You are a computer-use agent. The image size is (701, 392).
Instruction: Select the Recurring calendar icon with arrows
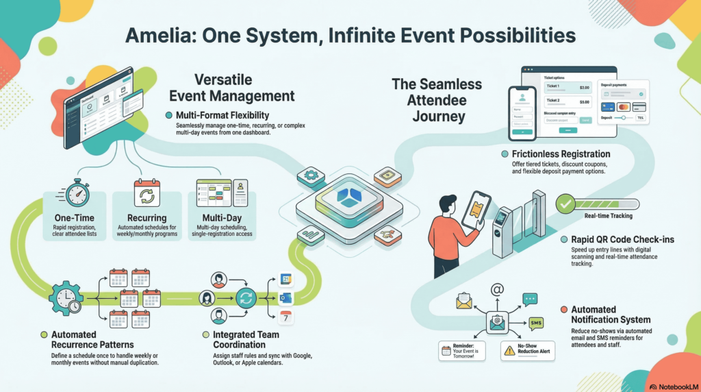(146, 193)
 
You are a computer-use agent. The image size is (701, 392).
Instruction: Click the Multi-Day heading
(220, 217)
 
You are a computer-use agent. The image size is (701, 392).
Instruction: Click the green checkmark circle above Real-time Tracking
(565, 204)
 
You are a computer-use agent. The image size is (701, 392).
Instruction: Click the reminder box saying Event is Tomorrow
(462, 351)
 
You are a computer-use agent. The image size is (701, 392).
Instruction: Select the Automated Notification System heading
(610, 315)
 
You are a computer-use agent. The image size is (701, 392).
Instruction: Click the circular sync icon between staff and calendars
(245, 298)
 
